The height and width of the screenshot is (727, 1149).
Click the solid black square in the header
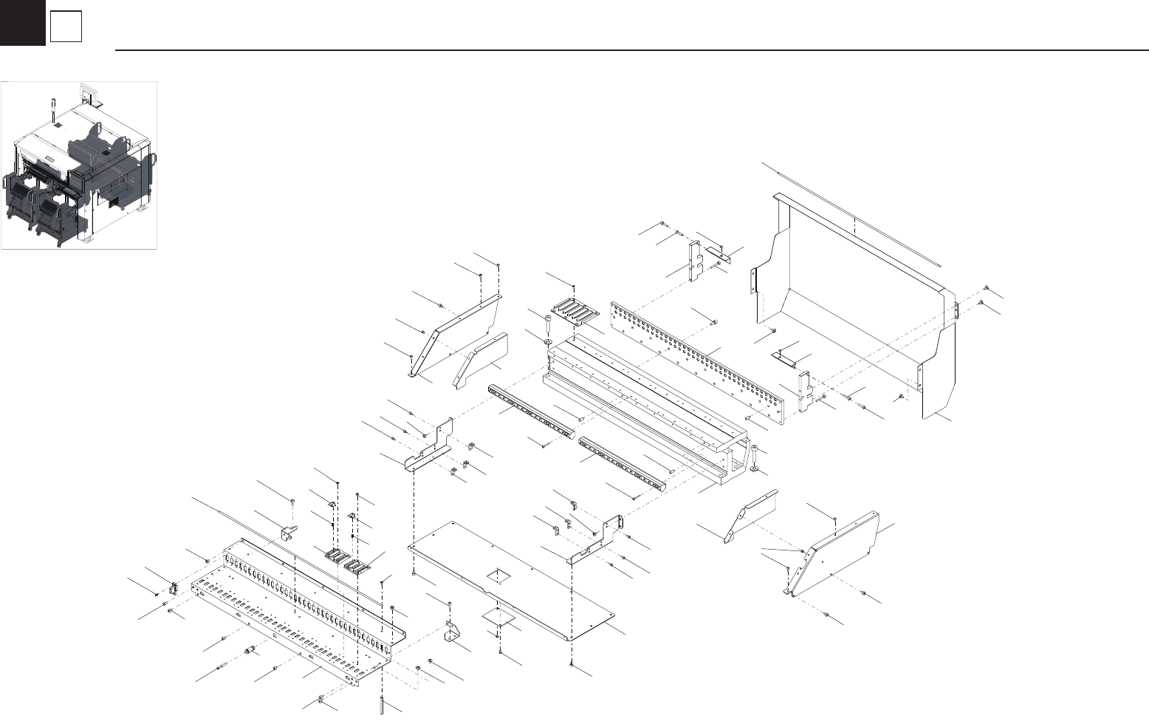22,22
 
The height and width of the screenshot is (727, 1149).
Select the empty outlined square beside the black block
66,28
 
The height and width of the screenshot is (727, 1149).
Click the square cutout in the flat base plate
498,575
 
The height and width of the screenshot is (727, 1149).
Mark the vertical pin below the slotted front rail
381,705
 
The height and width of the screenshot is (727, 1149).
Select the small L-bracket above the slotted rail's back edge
288,532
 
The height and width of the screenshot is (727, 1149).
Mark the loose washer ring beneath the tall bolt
546,342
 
